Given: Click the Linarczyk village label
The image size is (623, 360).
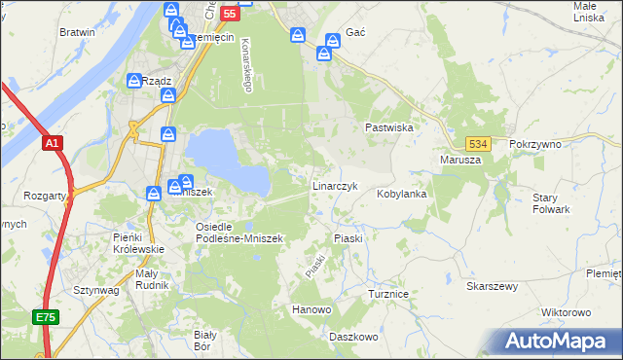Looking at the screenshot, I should [336, 185].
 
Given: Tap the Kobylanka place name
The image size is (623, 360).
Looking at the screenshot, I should [402, 194].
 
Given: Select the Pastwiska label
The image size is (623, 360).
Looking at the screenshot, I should [390, 127].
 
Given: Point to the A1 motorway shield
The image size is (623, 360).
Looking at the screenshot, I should [53, 143].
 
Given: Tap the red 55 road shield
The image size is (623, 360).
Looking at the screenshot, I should [229, 14].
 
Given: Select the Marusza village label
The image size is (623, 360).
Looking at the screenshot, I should [461, 161].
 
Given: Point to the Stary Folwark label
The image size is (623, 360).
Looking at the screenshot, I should [551, 203].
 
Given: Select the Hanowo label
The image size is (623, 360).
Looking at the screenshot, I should [311, 310].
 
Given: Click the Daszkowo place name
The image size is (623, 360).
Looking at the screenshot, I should [352, 336].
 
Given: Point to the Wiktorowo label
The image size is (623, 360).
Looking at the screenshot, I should [566, 312].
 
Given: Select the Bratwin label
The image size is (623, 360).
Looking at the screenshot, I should [77, 32].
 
